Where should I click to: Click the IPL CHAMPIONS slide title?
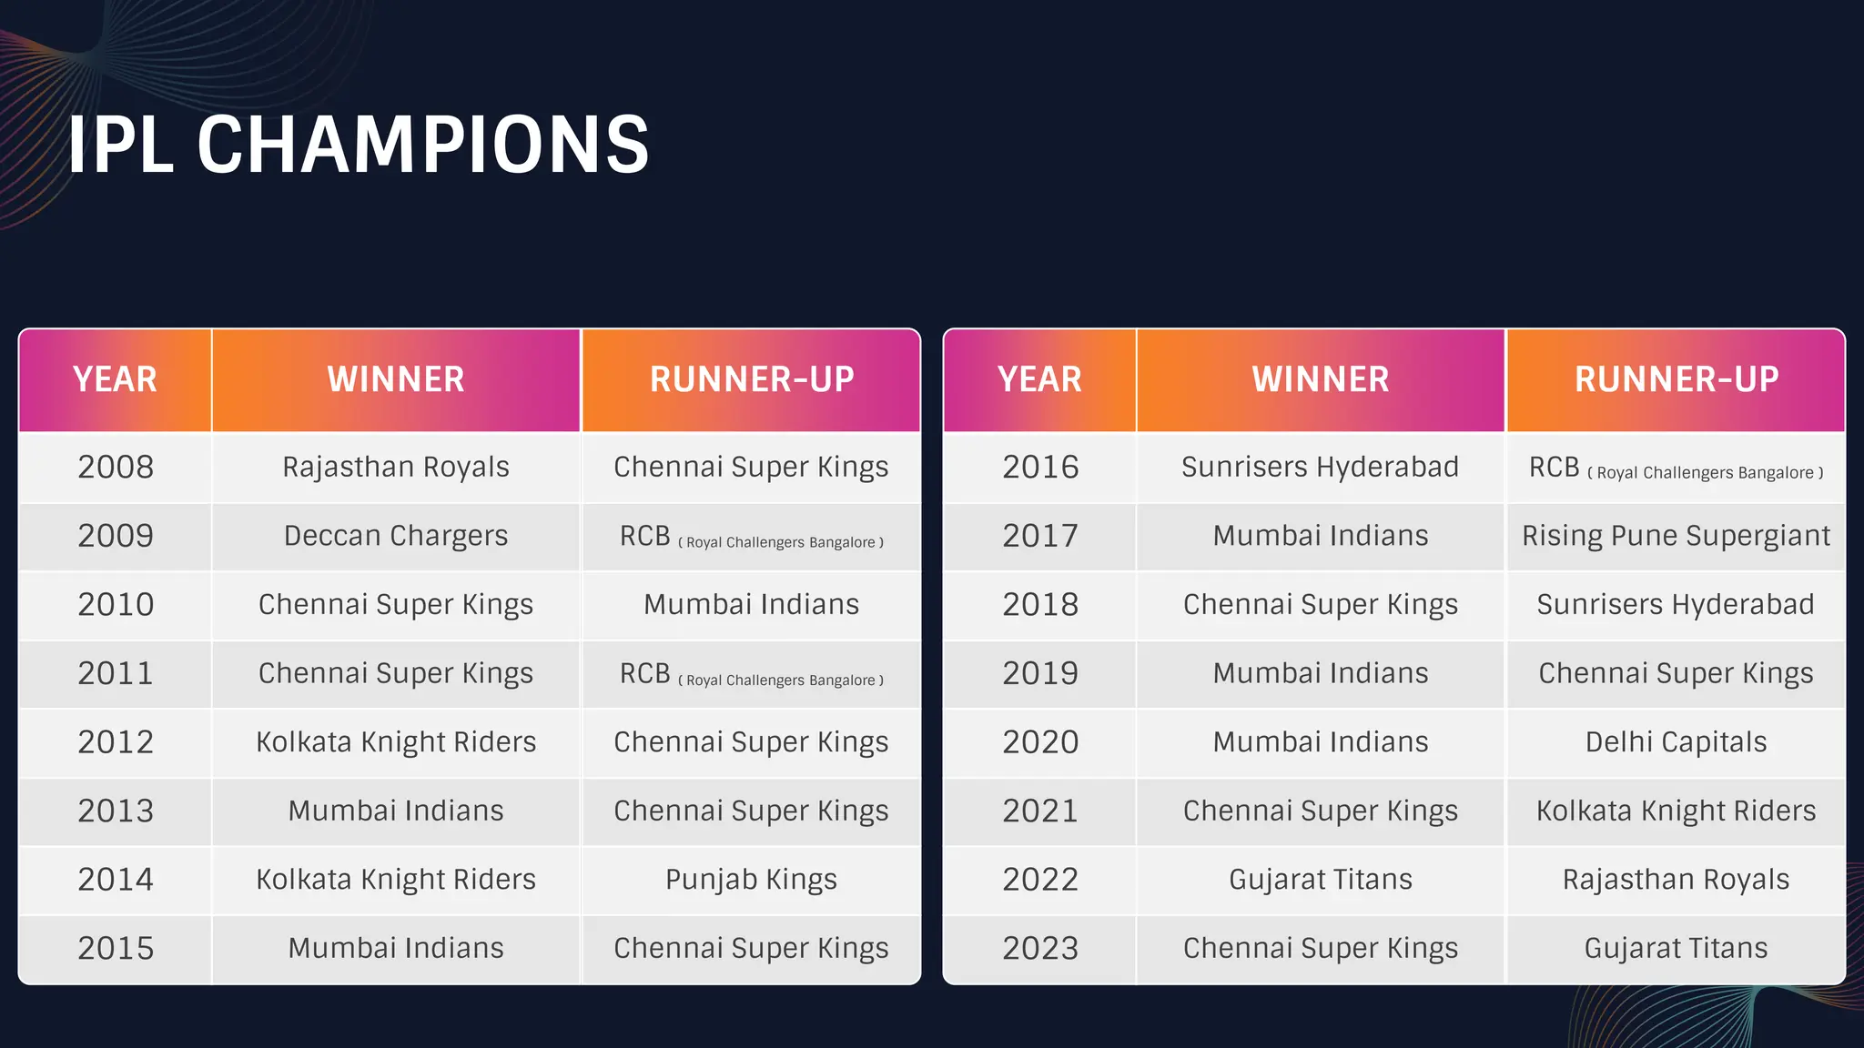(359, 145)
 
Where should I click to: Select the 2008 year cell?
(116, 468)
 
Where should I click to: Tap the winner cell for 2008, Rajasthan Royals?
(396, 468)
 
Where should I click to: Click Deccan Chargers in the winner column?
(396, 536)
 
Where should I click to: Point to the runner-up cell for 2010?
(751, 605)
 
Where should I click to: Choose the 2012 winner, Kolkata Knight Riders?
(396, 742)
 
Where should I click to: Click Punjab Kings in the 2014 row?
(751, 880)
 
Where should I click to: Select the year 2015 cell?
(116, 949)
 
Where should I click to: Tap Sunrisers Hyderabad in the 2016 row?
(1320, 468)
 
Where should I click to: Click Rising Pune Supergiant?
(1676, 536)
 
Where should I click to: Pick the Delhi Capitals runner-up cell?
(1676, 742)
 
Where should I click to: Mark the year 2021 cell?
(1040, 811)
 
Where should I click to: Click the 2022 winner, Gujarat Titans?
(1320, 880)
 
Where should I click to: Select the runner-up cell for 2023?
(1676, 949)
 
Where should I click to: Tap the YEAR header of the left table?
(116, 379)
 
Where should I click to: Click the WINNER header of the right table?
(1320, 379)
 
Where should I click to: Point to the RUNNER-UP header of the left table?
(751, 379)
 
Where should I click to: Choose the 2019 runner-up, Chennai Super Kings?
(1676, 674)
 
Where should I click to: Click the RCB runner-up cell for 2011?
(751, 674)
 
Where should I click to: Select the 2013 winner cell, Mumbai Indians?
(396, 811)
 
